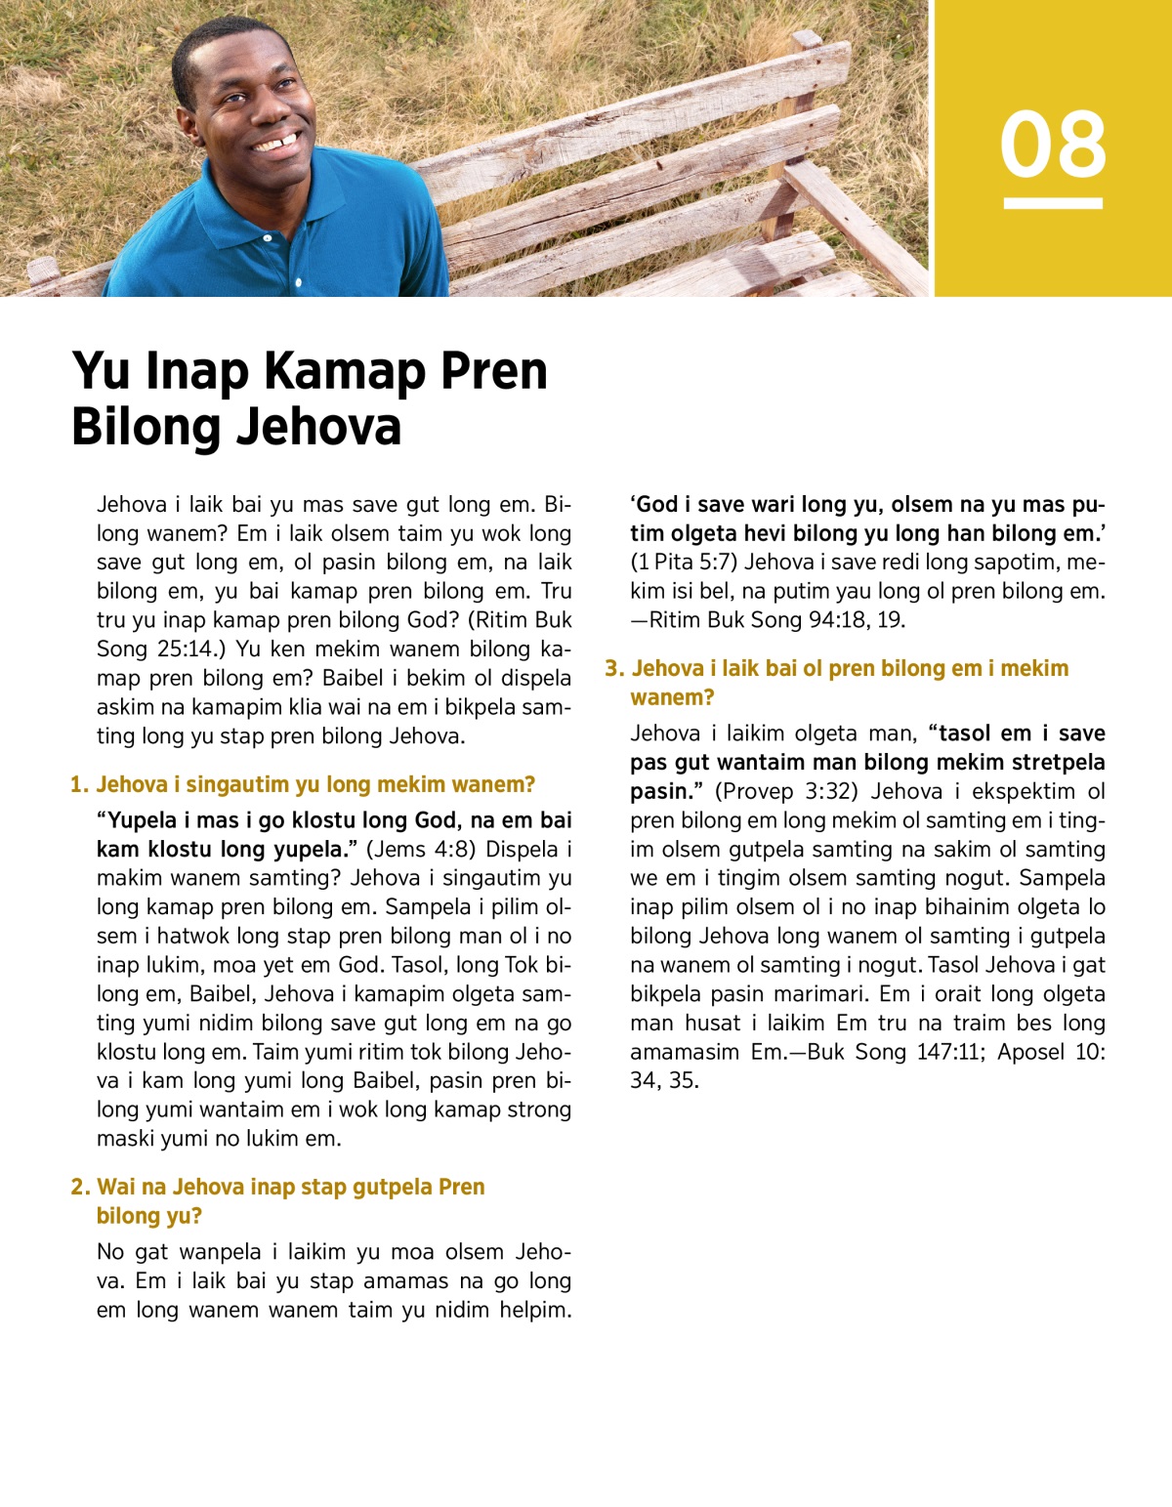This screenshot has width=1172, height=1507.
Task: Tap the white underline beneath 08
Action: (1053, 203)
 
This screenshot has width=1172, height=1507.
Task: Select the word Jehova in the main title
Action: (319, 428)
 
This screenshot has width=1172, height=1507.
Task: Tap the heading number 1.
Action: (79, 784)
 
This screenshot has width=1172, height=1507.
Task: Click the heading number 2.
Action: (79, 1187)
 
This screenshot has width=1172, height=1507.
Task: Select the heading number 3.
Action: (613, 668)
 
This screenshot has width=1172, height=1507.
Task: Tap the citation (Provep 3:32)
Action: (786, 791)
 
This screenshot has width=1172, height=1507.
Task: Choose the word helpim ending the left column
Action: (534, 1310)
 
